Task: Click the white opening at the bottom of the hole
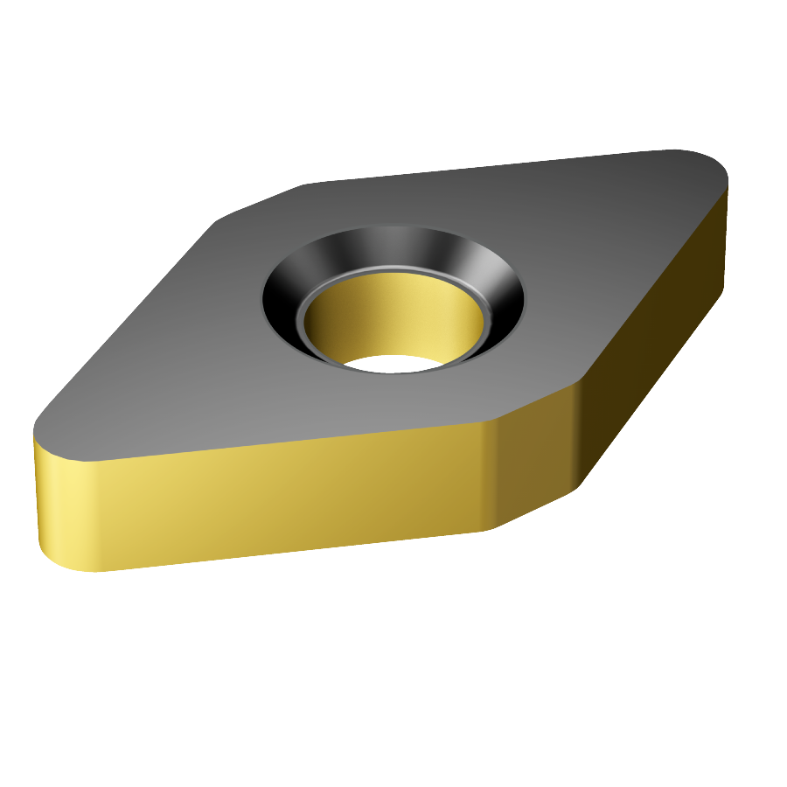pos(393,363)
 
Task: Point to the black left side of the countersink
pos(282,297)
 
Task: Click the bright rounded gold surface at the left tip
pos(61,507)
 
